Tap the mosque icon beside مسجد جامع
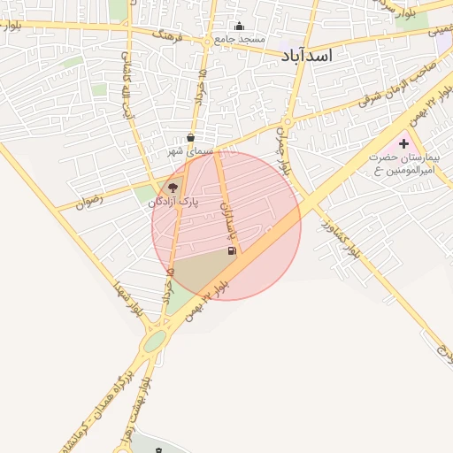pos(238,27)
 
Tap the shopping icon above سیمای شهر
pos(191,138)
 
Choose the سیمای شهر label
pos(192,152)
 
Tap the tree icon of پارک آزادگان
pos(173,188)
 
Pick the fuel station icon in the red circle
pos(232,251)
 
